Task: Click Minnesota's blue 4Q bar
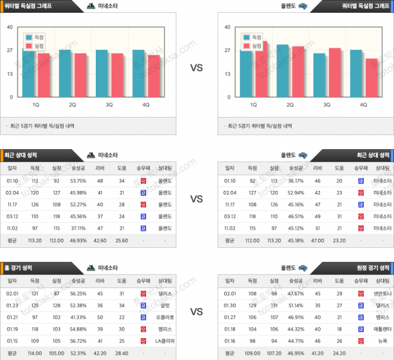138,73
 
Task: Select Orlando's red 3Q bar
334,72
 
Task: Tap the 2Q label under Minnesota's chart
72,105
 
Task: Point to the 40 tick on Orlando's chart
227,27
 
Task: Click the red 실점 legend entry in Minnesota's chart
35,45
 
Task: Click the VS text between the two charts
196,68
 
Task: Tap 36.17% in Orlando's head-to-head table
295,180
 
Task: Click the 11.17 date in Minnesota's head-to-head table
12,204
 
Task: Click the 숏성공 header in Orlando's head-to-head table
295,168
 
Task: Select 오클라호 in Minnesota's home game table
165,317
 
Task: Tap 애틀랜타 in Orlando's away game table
382,329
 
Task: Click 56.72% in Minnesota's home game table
78,341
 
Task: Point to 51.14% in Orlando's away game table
295,305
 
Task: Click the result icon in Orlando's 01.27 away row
360,317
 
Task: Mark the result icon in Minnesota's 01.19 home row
143,329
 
